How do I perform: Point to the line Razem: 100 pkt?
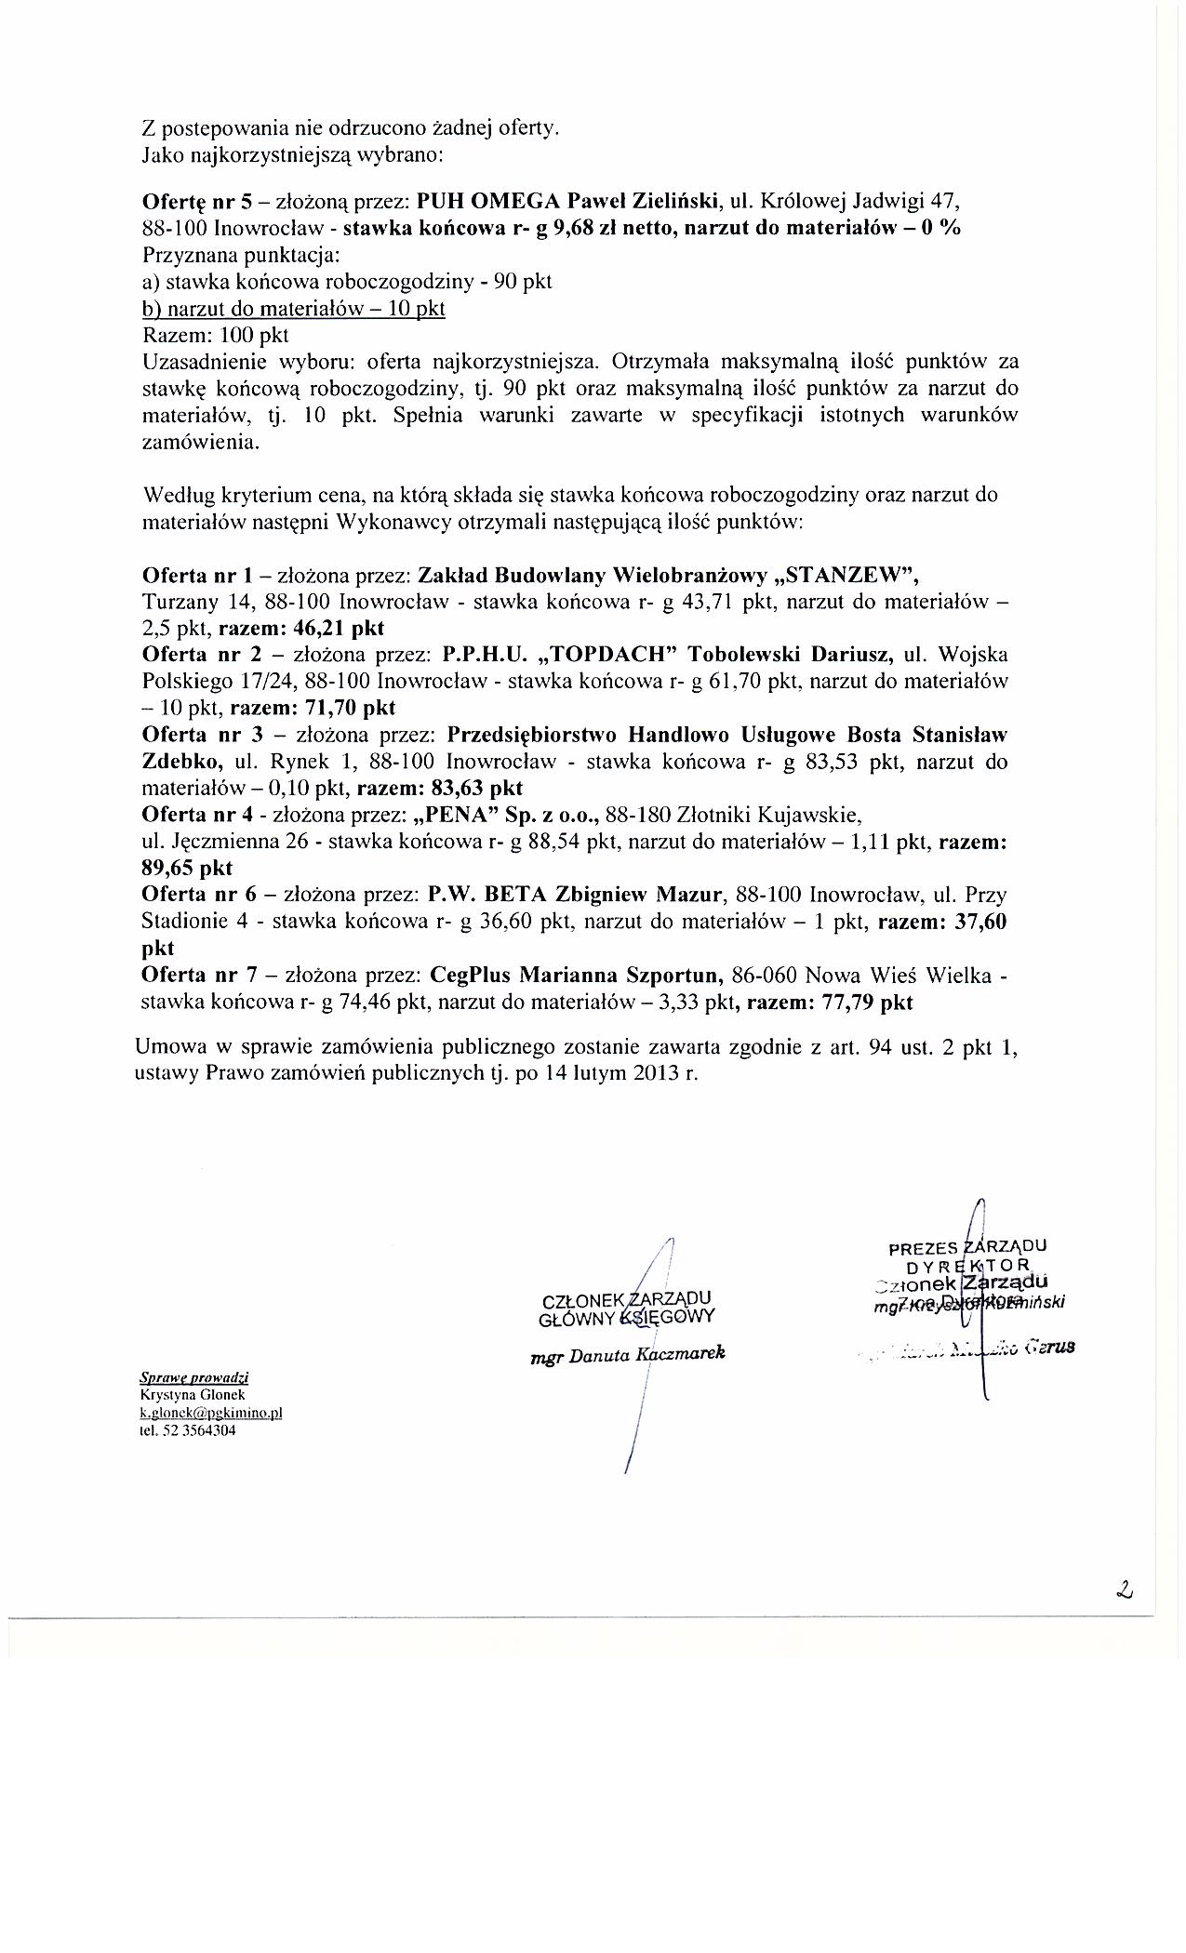coord(216,334)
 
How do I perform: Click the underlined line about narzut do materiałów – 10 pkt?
coord(294,308)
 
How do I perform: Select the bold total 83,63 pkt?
coord(477,789)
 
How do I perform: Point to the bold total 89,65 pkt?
coord(187,869)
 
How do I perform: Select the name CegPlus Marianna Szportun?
coord(578,976)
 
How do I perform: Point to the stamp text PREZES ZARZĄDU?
coord(967,1247)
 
